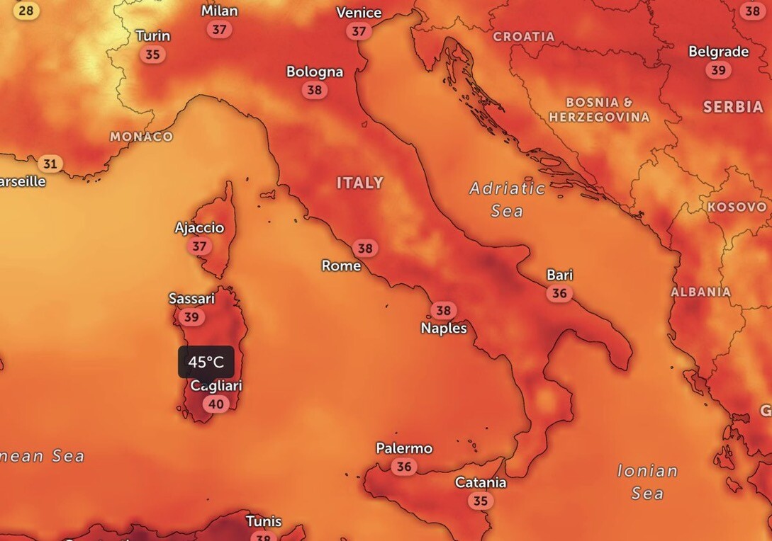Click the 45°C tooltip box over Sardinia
[206, 362]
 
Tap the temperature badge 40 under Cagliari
[216, 404]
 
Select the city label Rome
[341, 266]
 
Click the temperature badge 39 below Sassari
[191, 317]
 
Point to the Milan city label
[220, 11]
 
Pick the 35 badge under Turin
[152, 55]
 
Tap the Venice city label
[359, 13]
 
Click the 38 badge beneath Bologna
[314, 90]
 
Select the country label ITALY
[359, 183]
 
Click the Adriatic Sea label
[508, 199]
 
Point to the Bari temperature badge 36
[559, 293]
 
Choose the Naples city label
[444, 328]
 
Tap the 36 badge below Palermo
[404, 467]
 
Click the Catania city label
[481, 483]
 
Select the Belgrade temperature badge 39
[719, 70]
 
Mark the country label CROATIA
[524, 36]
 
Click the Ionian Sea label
[647, 482]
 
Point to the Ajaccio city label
[199, 228]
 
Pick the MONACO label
[142, 137]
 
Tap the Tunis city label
[264, 522]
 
